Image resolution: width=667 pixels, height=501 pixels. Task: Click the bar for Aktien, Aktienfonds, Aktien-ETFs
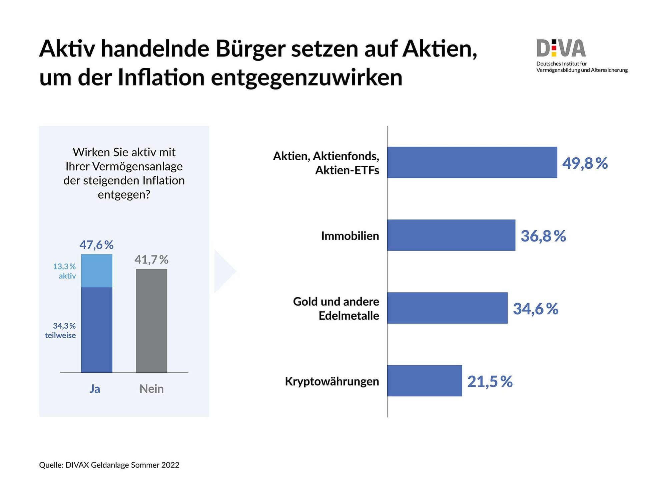pos(472,162)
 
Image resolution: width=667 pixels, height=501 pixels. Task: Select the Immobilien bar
pos(451,235)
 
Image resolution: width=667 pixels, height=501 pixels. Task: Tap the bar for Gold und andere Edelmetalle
pos(447,308)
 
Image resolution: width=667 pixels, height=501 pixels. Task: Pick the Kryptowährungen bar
pos(425,381)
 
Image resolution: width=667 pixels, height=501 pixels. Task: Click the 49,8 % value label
pos(585,163)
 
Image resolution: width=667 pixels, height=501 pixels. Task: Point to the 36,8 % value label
pos(543,236)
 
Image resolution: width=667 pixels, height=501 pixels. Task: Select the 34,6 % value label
pos(536,309)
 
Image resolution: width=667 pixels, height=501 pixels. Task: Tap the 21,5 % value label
pos(490,382)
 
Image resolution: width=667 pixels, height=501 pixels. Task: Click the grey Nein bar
pos(151,321)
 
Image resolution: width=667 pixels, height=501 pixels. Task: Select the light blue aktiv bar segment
pos(97,271)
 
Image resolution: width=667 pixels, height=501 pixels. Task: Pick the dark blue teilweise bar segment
pos(97,330)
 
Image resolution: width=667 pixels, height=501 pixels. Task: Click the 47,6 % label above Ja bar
pos(96,245)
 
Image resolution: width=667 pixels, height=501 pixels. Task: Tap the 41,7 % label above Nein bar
pos(151,260)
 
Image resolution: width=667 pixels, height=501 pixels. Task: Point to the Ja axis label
pos(95,389)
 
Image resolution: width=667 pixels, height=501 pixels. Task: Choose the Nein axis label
pos(151,389)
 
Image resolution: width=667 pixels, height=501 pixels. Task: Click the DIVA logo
pos(561,48)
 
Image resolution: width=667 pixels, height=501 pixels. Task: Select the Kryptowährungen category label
pos(332,381)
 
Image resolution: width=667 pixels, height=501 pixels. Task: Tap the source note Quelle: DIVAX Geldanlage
pos(109,465)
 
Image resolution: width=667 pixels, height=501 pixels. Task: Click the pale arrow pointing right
pos(224,271)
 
